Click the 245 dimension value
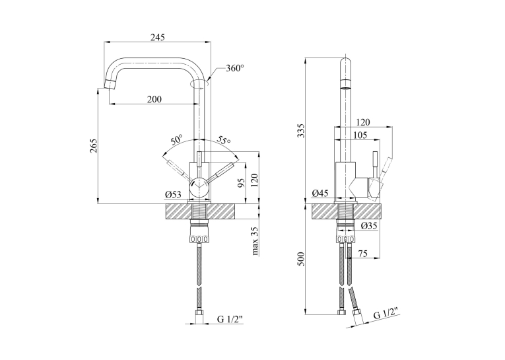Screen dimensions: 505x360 (158, 38)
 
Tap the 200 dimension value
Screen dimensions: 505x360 (154, 99)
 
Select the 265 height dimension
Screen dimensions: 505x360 (93, 146)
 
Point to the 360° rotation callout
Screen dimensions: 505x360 (235, 68)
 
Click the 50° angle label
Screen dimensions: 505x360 (177, 140)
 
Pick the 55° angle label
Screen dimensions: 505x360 (224, 139)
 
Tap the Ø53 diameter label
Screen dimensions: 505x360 (173, 195)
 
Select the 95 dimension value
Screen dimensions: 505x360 (241, 182)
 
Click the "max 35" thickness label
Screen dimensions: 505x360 (255, 241)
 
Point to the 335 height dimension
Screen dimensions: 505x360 (300, 130)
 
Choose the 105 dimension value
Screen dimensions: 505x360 (360, 135)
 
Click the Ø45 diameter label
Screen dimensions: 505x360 (320, 194)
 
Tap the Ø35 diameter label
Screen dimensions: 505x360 (369, 226)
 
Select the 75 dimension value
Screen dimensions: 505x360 (363, 254)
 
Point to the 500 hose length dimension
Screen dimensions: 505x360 (300, 259)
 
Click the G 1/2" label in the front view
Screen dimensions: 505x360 (230, 320)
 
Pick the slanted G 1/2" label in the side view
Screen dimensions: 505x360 (386, 313)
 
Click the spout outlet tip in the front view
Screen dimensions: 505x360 (110, 85)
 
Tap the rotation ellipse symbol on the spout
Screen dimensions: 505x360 (200, 84)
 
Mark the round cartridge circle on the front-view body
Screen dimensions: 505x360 (199, 188)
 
